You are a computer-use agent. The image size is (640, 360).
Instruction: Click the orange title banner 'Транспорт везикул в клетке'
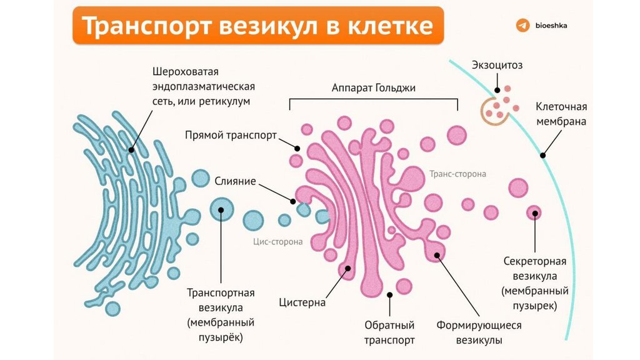(258, 26)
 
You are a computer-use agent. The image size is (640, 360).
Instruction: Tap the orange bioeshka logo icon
(522, 26)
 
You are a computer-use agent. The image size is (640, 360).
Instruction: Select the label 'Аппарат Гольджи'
(374, 88)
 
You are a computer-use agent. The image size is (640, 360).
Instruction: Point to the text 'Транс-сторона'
(457, 174)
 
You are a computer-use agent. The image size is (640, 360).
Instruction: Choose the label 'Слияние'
(235, 181)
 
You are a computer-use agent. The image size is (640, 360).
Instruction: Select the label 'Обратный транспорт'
(390, 333)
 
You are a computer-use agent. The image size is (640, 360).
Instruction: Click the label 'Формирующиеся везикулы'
(479, 333)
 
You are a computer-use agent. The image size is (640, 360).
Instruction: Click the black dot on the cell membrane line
(542, 155)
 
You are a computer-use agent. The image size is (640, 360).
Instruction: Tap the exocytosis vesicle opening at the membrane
(497, 108)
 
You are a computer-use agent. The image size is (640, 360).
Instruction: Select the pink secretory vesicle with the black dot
(534, 214)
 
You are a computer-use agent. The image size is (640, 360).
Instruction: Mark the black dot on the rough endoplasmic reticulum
(131, 149)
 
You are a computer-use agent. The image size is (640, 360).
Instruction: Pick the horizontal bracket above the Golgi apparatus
(374, 101)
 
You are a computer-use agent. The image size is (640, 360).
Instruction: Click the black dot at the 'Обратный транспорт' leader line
(390, 294)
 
